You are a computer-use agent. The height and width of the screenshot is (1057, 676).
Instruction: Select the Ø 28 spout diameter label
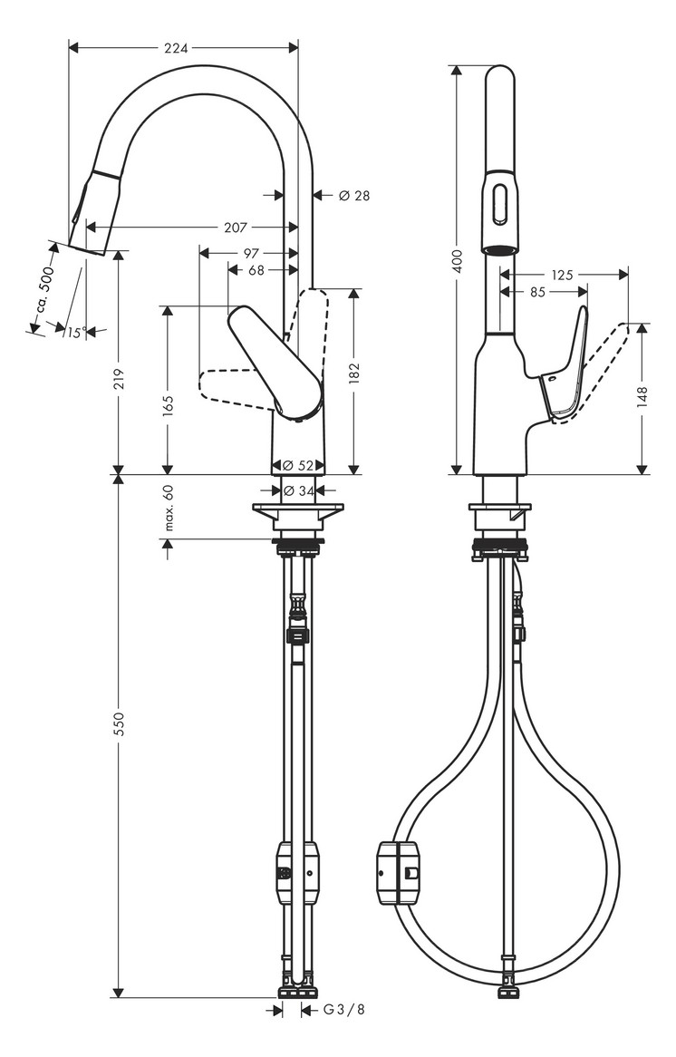pos(354,195)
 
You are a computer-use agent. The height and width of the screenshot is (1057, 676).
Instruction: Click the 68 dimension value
pos(256,270)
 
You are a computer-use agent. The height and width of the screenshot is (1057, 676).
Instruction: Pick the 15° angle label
pos(74,333)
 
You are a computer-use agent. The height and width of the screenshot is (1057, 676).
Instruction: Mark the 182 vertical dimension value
pos(353,373)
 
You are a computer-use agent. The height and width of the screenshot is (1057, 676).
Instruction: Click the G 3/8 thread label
pos(344,1010)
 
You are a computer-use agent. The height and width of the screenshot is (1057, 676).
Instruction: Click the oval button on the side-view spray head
pos(499,205)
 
